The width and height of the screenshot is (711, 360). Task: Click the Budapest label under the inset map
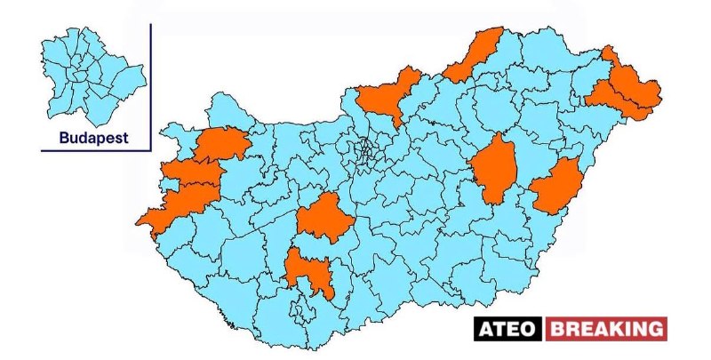tap(93, 138)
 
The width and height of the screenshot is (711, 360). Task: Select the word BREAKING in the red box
tap(606, 329)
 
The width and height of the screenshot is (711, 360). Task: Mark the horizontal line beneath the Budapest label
tap(96, 151)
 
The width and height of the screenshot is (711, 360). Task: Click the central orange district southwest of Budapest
tap(324, 218)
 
